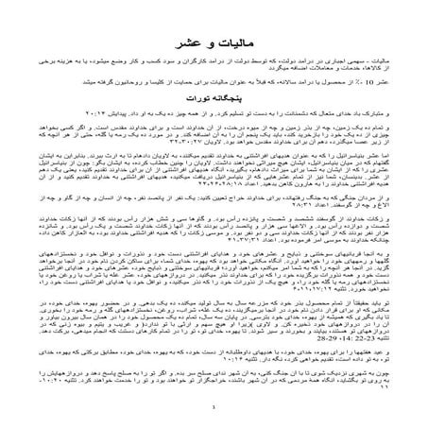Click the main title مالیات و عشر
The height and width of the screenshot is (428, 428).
click(214, 44)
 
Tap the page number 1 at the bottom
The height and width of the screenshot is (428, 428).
click(214, 407)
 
